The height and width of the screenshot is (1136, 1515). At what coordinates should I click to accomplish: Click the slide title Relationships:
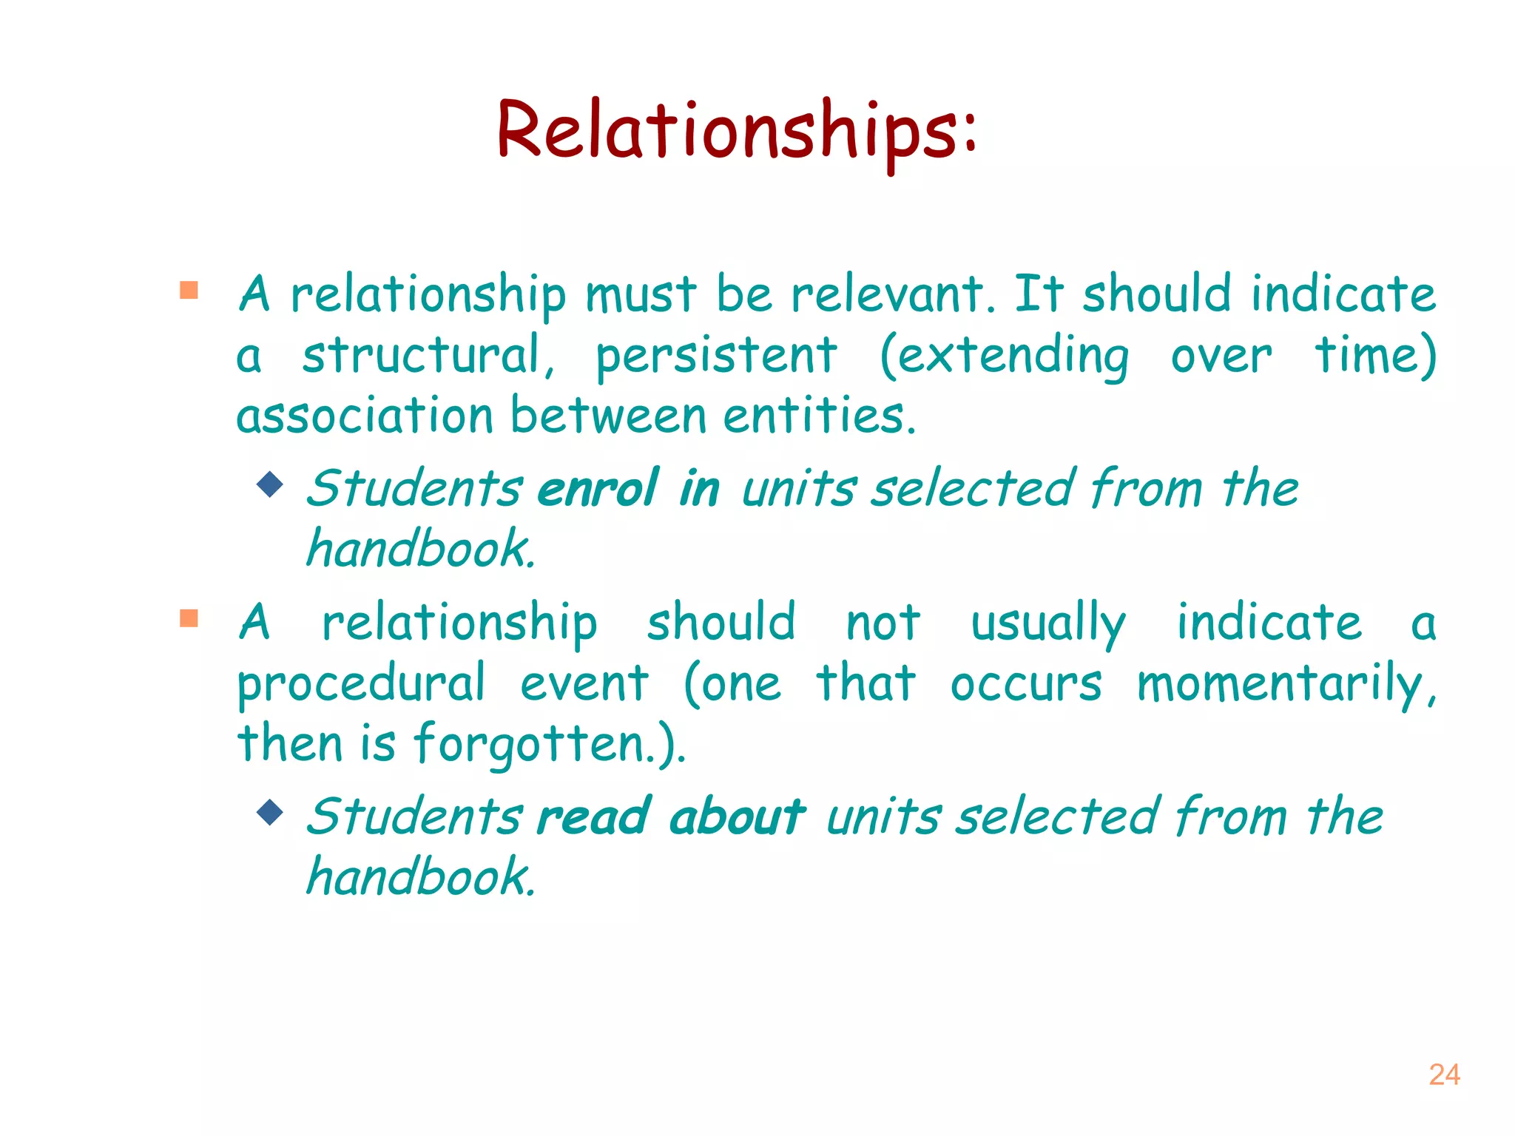737,132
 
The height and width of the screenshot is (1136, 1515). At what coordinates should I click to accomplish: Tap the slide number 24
1444,1075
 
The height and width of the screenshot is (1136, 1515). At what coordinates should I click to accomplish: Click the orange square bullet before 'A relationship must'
189,290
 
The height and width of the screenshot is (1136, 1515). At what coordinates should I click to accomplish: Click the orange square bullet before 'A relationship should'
189,618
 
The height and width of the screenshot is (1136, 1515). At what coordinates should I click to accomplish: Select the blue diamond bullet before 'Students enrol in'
271,484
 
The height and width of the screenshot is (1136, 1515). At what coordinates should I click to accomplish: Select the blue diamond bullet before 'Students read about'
271,812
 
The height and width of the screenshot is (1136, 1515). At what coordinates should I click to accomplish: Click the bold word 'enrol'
598,489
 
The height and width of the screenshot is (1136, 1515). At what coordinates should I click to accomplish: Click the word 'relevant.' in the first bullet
893,294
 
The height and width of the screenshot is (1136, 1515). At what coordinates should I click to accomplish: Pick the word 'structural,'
428,356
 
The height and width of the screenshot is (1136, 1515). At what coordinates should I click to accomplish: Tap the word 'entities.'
819,416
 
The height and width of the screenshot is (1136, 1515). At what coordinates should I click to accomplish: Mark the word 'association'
365,416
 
